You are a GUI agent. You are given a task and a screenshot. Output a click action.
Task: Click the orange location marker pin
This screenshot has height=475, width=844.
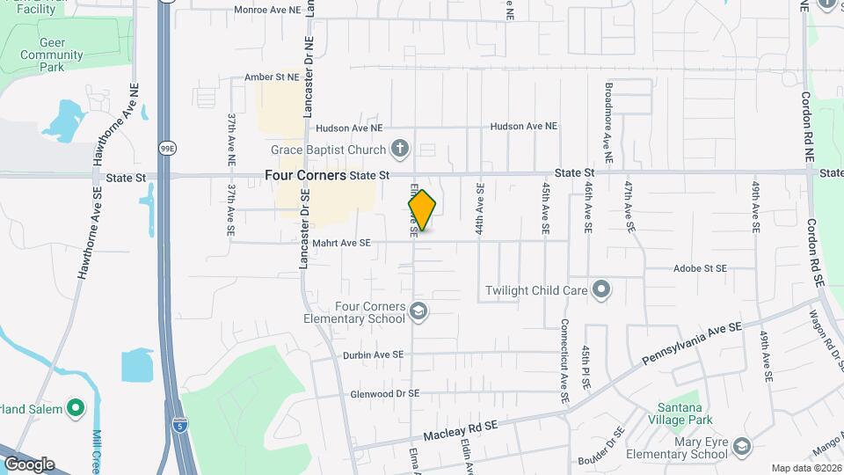[x=422, y=210]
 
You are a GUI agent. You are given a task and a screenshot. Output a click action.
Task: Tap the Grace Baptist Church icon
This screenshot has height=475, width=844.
[x=400, y=148]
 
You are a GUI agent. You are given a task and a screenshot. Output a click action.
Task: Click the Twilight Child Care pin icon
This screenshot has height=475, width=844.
[x=601, y=289]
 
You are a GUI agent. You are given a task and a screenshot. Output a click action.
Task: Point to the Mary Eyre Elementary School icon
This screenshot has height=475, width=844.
[x=741, y=447]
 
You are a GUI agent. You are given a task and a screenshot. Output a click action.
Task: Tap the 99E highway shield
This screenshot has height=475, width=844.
[x=166, y=149]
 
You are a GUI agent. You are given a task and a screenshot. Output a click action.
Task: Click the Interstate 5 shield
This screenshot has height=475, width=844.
[x=179, y=424]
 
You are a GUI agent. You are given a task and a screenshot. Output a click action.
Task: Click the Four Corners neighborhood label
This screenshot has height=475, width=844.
[x=305, y=176]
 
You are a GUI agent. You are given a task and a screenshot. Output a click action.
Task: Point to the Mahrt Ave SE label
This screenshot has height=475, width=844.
[x=341, y=243]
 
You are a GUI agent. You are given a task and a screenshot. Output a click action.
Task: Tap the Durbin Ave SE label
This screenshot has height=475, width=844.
[x=373, y=354]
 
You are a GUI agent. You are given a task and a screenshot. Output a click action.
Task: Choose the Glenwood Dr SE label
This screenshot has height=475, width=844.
[x=384, y=394]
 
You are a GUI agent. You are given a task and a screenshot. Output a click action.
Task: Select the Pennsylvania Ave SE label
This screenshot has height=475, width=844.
[x=692, y=343]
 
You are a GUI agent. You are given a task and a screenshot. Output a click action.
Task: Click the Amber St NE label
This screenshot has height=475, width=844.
[x=272, y=77]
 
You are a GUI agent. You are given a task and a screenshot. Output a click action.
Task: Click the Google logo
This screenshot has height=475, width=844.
[x=29, y=464]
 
